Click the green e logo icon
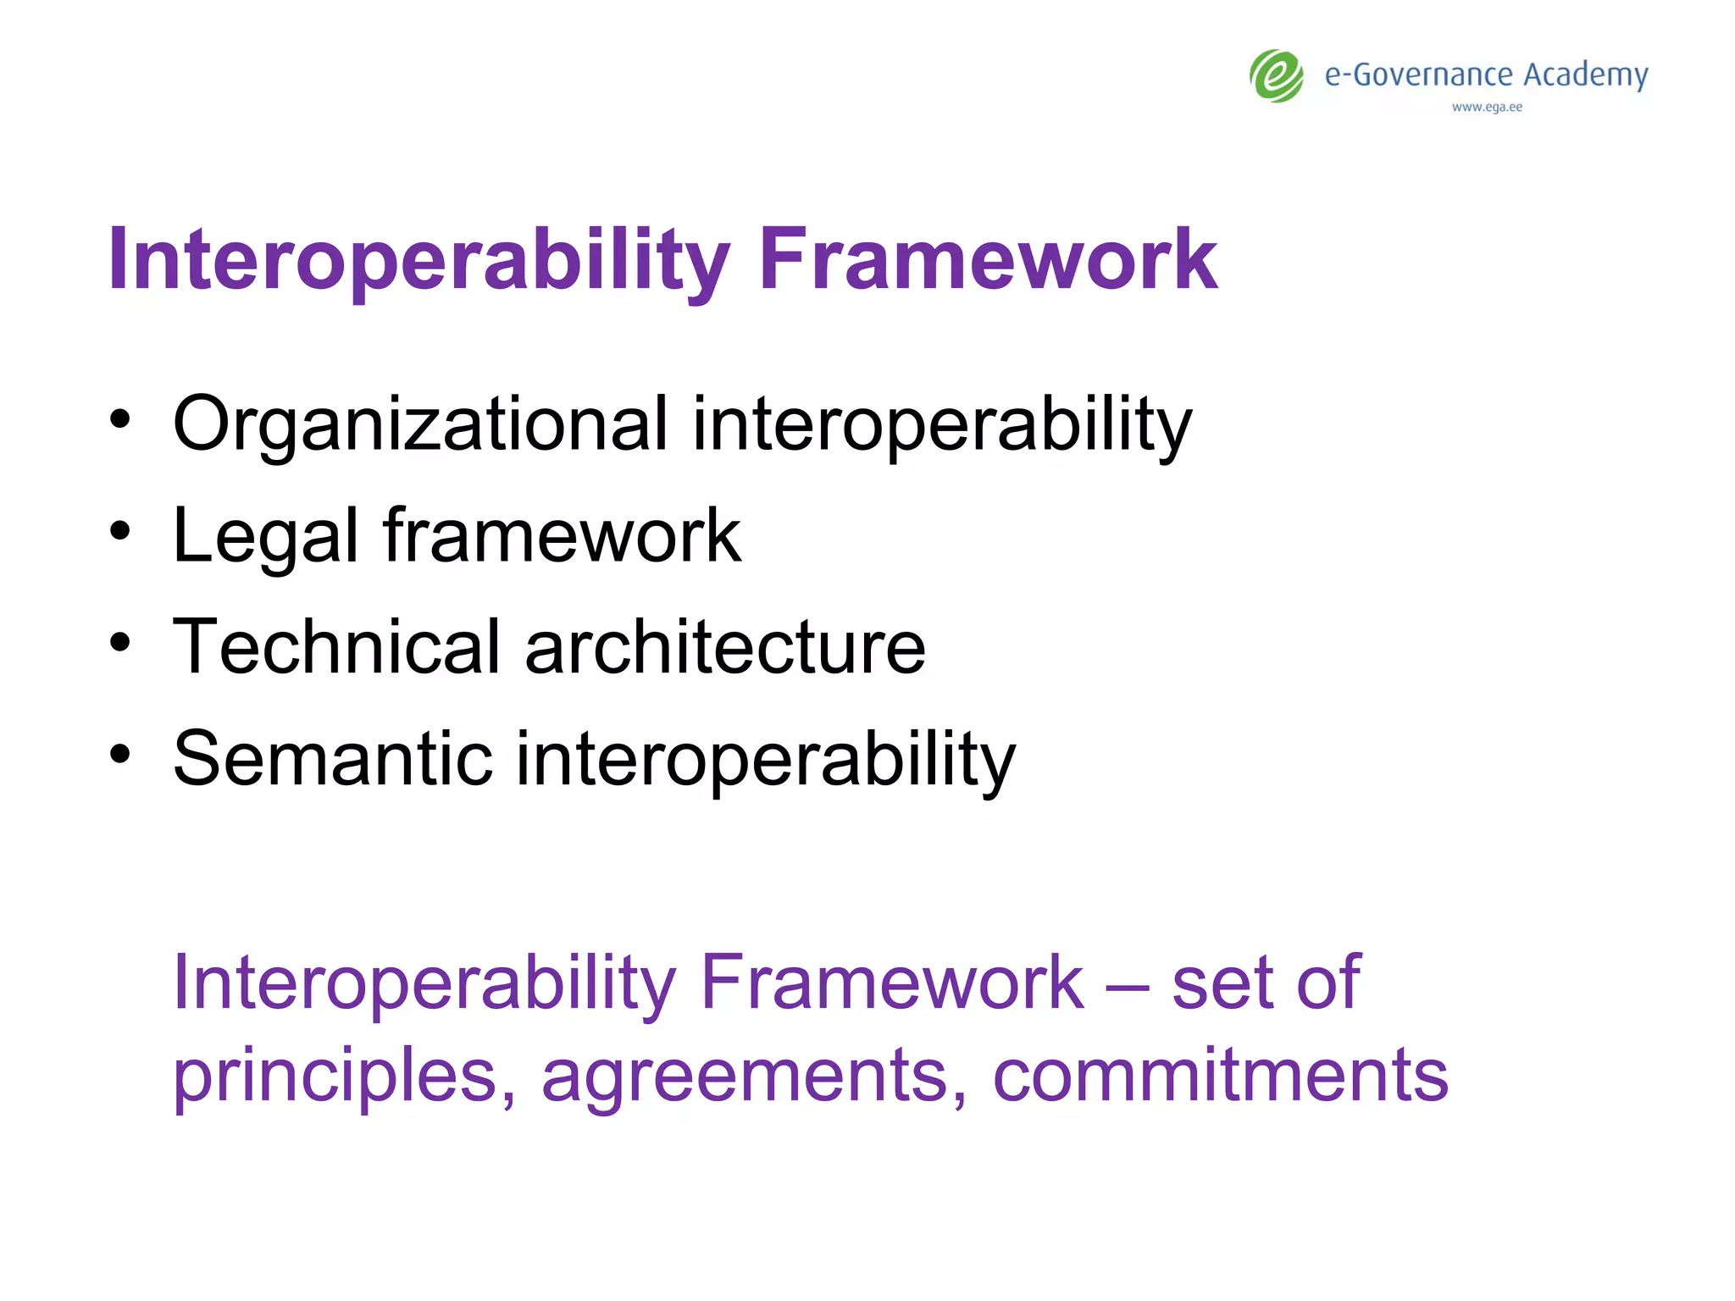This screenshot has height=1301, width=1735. tap(1277, 76)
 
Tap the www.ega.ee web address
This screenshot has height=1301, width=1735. tap(1487, 108)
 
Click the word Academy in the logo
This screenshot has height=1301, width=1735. tap(1585, 75)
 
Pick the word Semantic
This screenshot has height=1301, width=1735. tap(332, 759)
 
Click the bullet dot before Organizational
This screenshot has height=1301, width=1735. tap(120, 419)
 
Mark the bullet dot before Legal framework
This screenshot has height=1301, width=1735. tap(120, 531)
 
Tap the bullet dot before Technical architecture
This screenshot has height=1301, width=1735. tap(120, 642)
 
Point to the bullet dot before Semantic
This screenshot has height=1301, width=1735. tap(120, 753)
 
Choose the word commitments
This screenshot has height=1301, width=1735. tap(1220, 1076)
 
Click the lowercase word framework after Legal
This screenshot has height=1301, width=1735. tap(562, 535)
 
